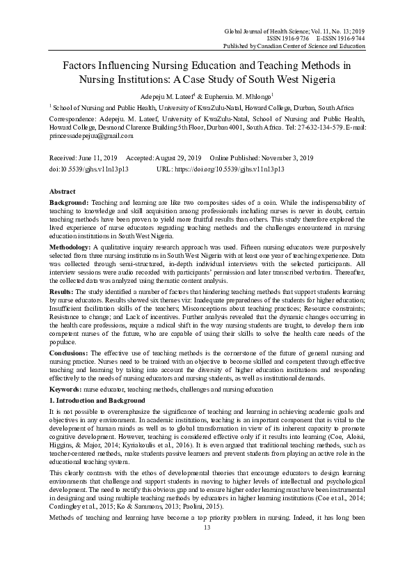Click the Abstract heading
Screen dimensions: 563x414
(x=64, y=190)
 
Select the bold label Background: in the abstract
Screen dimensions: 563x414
(x=73, y=202)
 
